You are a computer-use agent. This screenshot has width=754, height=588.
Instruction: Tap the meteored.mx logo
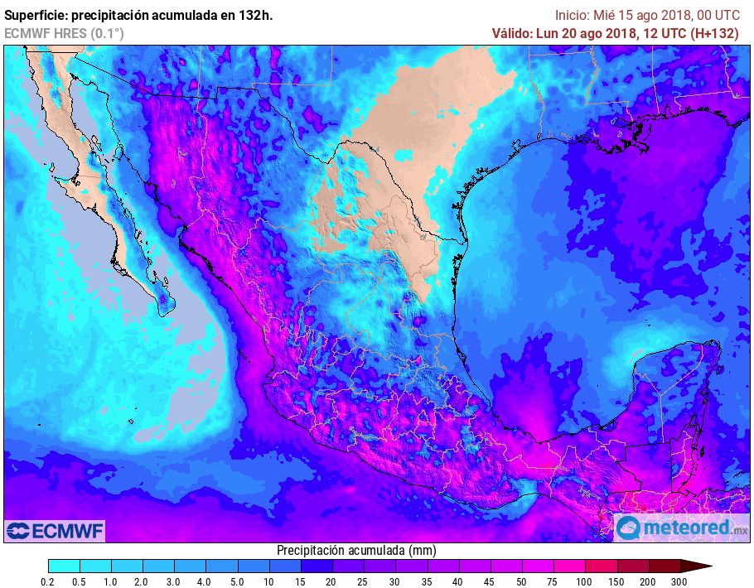[x=681, y=528]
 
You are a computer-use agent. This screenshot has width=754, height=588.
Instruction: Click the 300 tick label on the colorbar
[x=679, y=582]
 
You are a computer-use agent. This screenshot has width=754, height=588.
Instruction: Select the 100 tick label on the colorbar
[x=585, y=582]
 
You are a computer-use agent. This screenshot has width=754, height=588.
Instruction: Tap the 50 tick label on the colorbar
[x=521, y=582]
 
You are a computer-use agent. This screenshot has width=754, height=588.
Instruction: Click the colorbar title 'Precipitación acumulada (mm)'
[x=356, y=551]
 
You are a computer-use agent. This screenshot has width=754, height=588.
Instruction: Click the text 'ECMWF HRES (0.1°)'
[x=64, y=33]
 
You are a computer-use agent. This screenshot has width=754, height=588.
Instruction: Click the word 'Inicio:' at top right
[x=573, y=15]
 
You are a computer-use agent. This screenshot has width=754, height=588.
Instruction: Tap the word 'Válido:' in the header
[x=516, y=33]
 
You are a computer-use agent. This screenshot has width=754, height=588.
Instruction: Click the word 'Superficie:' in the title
[x=37, y=15]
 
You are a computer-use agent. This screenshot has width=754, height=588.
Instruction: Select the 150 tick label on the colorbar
[x=616, y=582]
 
